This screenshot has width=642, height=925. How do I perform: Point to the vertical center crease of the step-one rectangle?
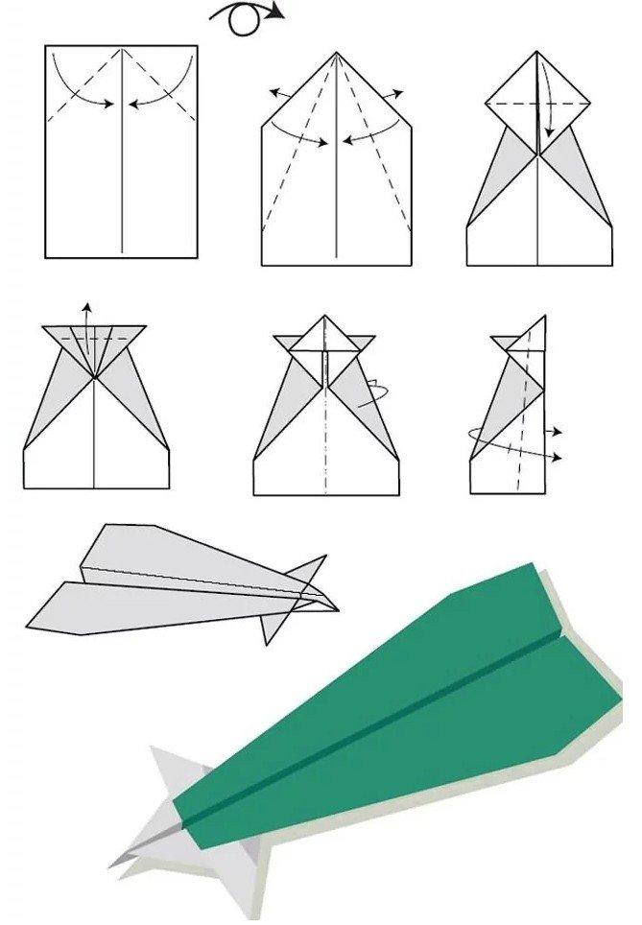click(122, 173)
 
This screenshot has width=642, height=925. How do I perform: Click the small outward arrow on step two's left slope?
click(278, 94)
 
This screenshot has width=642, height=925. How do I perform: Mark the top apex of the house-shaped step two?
click(337, 54)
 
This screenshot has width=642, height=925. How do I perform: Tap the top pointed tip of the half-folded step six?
click(544, 318)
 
